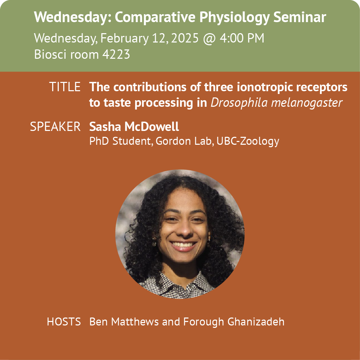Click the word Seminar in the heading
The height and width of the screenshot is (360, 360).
click(300, 17)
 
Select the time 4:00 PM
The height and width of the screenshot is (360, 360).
click(242, 38)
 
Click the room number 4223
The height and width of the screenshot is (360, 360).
click(116, 55)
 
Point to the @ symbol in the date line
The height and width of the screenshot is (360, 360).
click(209, 39)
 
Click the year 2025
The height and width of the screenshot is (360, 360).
click(184, 38)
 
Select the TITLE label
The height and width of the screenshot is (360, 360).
click(65, 87)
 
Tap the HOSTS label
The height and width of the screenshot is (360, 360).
click(64, 322)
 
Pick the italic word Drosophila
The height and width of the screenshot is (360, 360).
click(239, 103)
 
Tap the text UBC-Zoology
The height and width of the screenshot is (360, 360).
click(248, 141)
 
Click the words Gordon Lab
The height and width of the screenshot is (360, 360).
click(183, 141)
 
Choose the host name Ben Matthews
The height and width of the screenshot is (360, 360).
click(124, 322)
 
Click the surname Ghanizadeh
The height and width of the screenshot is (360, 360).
click(256, 322)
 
